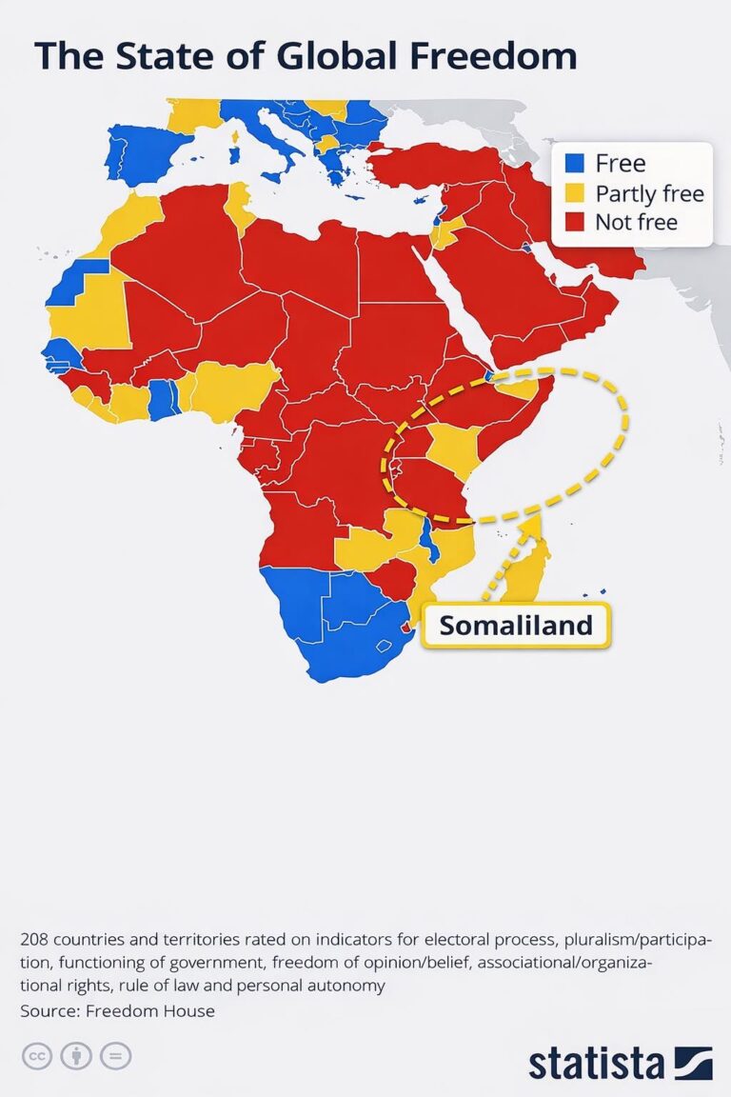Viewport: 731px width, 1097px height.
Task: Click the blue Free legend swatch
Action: click(574, 164)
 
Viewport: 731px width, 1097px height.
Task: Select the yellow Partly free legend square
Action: click(574, 193)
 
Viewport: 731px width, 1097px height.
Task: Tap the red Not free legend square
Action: click(574, 223)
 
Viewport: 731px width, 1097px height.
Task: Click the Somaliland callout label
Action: click(515, 626)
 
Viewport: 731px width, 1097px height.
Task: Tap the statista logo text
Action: click(597, 1063)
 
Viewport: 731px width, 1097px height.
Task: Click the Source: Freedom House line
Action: click(117, 1010)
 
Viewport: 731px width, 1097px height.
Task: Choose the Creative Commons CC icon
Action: click(36, 1055)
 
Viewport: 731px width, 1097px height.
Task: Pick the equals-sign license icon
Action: click(116, 1055)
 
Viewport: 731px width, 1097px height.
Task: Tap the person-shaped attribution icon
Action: click(76, 1055)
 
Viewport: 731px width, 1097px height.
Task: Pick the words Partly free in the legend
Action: click(649, 193)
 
